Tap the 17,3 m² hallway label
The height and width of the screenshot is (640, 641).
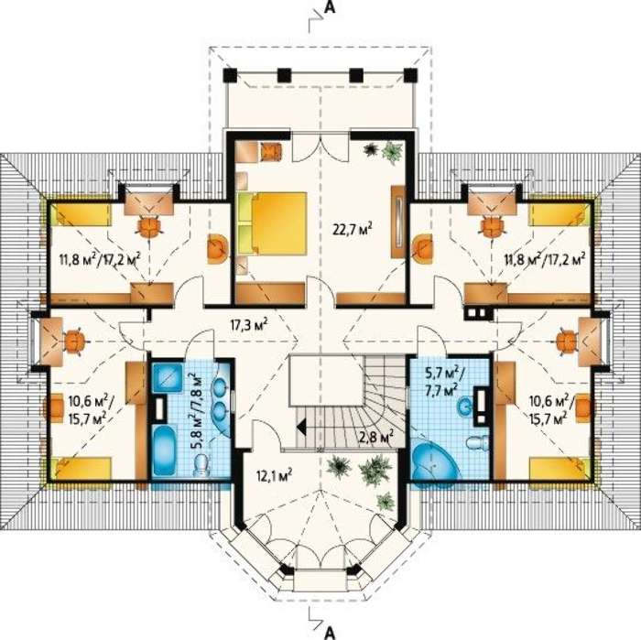[x=249, y=326]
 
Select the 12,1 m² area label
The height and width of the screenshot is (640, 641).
[x=274, y=476]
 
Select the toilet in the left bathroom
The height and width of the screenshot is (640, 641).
[x=201, y=466]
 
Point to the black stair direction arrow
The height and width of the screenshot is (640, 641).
[x=303, y=428]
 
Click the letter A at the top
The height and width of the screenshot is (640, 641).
[x=330, y=8]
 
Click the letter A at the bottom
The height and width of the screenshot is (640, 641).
[x=330, y=633]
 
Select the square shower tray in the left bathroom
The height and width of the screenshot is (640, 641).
[x=168, y=377]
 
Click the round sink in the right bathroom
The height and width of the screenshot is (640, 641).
[x=464, y=407]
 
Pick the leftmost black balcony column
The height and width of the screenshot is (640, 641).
[x=230, y=76]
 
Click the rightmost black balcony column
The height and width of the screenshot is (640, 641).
[x=410, y=75]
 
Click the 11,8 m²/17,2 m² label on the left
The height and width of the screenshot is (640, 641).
[x=100, y=259]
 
